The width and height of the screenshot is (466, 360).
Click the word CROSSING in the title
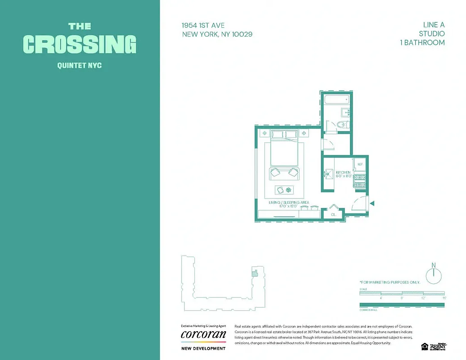[80, 44]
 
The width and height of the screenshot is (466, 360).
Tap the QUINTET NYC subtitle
[80, 66]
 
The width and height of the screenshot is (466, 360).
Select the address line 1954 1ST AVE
[203, 26]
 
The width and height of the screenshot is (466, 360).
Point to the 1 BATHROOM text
[422, 43]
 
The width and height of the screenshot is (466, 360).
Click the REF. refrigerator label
[360, 165]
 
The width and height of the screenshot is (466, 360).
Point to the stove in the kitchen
[360, 181]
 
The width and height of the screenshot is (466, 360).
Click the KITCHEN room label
[343, 173]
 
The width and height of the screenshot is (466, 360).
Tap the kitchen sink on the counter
[327, 173]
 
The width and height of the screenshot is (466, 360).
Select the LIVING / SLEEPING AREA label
[289, 203]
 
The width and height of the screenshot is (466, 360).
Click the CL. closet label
[333, 215]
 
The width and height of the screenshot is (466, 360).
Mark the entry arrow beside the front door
[372, 203]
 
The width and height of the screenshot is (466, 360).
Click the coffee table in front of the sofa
[284, 190]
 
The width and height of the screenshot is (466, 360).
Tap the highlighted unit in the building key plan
[255, 272]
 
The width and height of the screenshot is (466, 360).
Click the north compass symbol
[434, 275]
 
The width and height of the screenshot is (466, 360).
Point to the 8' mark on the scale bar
[402, 297]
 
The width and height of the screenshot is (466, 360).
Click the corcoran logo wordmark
[203, 335]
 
